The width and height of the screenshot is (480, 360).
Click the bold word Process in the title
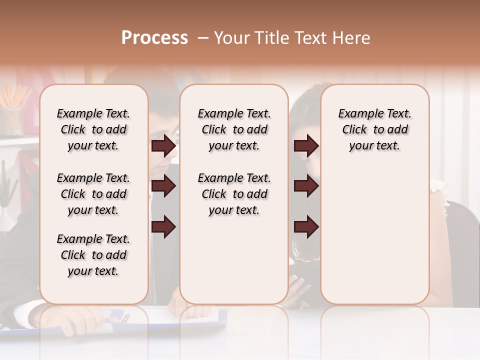[x=154, y=38]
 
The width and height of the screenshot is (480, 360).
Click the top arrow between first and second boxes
[x=163, y=146]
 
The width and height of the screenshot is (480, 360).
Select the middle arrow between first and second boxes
[x=163, y=186]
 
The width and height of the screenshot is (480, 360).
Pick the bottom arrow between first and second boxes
[x=163, y=226]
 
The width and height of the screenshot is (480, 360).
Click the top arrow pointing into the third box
[x=306, y=146]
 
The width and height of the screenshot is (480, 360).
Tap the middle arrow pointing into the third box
[x=306, y=186]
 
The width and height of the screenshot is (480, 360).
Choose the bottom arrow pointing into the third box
[x=306, y=226]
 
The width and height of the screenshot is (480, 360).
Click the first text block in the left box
[x=93, y=129]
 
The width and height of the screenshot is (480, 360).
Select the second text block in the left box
[x=93, y=194]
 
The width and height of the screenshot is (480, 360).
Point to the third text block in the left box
[x=93, y=255]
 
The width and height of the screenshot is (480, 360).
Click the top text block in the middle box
[x=234, y=129]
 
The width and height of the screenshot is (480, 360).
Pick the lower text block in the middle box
[x=234, y=194]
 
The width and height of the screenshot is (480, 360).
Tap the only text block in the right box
[x=374, y=129]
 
